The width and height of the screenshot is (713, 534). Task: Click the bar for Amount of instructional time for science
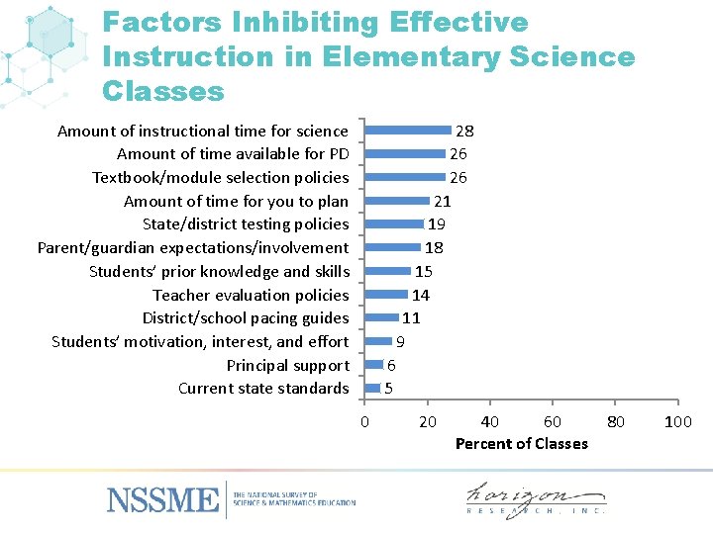coord(408,130)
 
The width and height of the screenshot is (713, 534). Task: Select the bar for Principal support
coord(373,365)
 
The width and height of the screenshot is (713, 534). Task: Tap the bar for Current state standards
coord(372,388)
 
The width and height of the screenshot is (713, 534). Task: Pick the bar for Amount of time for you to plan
coord(397,201)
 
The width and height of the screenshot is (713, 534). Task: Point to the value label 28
coord(463,131)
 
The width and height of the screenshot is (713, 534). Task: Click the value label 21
coord(443,201)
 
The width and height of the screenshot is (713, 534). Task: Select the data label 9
coord(400,342)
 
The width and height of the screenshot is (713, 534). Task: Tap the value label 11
coord(411,318)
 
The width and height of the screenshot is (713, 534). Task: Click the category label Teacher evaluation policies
coord(251,295)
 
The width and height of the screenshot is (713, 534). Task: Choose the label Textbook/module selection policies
coord(220,178)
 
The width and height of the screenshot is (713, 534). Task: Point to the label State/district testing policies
coord(246,224)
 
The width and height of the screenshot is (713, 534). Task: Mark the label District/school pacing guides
coord(246,318)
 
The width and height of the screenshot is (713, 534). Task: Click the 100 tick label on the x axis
coord(677,423)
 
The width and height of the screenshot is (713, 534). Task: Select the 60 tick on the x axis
coord(553,423)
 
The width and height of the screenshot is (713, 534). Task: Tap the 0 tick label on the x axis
coord(364,423)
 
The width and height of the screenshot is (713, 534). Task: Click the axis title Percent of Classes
coord(521,443)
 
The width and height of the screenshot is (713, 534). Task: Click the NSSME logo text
coord(162,498)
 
